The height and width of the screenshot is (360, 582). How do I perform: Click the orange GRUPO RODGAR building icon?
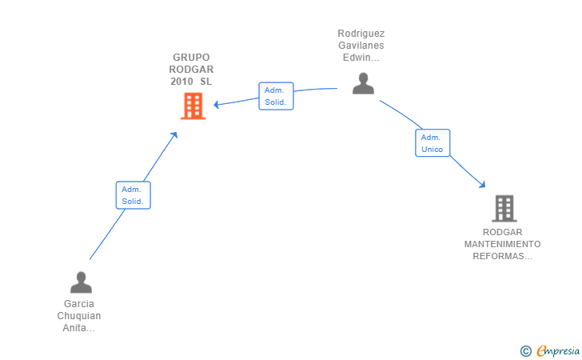(x=193, y=106)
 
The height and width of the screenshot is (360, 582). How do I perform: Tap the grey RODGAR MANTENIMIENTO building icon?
(x=504, y=208)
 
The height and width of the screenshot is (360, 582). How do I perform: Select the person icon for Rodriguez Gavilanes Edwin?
(x=363, y=83)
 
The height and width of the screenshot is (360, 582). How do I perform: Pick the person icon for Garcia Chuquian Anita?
(x=81, y=282)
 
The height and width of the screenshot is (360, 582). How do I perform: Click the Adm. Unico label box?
(x=433, y=143)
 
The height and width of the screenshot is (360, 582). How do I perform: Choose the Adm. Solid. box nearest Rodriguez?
(x=276, y=96)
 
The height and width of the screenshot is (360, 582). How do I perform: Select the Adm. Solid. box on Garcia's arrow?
(x=133, y=195)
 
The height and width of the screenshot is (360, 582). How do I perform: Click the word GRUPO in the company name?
(x=191, y=58)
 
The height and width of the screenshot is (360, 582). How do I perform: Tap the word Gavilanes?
(x=361, y=46)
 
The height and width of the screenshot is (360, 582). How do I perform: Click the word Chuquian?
(x=79, y=316)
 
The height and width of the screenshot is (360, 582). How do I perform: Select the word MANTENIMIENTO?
(x=502, y=244)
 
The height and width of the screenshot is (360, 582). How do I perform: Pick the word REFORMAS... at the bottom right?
(x=502, y=256)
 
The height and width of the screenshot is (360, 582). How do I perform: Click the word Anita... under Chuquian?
(x=79, y=328)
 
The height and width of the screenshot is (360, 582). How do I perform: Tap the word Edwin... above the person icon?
(x=361, y=58)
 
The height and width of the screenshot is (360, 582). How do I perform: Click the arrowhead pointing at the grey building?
(x=482, y=186)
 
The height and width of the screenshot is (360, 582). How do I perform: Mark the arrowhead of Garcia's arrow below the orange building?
(x=175, y=135)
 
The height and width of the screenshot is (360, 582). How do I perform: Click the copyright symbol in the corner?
(x=525, y=350)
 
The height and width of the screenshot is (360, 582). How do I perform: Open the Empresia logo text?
(x=558, y=350)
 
